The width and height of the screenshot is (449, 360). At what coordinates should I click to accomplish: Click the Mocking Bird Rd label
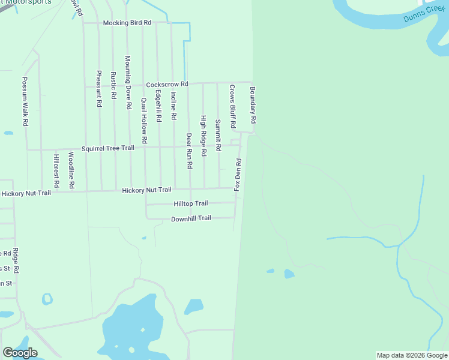tap(127, 23)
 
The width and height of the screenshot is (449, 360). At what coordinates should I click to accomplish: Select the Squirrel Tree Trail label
tap(108, 148)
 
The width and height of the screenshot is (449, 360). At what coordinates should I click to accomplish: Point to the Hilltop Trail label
tap(190, 203)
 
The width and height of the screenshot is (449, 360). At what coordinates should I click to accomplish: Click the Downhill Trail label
tap(191, 218)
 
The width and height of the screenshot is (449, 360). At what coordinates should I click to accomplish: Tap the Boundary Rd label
tap(253, 105)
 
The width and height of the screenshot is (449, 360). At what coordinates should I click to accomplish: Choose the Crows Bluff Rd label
tap(232, 105)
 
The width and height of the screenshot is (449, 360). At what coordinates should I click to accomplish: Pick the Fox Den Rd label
tap(238, 175)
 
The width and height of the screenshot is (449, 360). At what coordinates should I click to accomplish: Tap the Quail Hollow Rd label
tap(144, 120)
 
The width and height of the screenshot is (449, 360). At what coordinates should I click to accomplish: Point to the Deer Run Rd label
tap(188, 150)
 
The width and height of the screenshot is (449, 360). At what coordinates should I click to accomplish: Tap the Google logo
tap(20, 353)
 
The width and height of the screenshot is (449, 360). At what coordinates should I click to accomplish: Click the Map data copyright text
tap(411, 355)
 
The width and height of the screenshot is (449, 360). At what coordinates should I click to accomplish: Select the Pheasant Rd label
tap(99, 88)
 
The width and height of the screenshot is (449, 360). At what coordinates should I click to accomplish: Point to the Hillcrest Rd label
tap(56, 171)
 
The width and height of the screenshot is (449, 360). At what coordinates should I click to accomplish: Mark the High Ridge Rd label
tap(203, 136)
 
